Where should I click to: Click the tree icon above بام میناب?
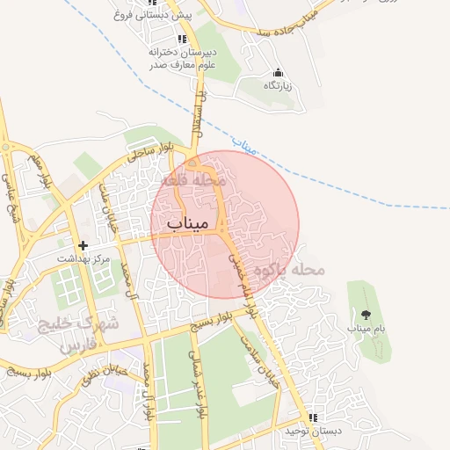[367, 314]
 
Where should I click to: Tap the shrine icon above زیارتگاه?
[278, 72]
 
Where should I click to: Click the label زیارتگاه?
[278, 85]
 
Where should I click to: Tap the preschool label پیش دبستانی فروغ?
[148, 15]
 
